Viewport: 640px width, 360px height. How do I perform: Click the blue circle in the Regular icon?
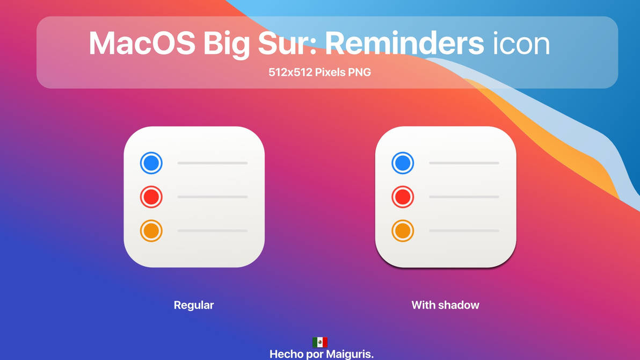click(x=151, y=163)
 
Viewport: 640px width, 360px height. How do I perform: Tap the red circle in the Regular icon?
click(x=151, y=197)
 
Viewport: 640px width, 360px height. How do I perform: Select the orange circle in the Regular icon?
click(x=151, y=231)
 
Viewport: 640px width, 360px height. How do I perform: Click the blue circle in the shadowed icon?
click(x=403, y=163)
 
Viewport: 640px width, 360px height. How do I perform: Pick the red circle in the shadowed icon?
click(x=403, y=197)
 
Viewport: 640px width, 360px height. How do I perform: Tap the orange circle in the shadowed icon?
click(x=403, y=231)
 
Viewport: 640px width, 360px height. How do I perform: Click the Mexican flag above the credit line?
click(x=320, y=342)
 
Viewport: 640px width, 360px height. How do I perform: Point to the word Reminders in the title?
click(x=404, y=43)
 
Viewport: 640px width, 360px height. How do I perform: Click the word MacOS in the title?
click(x=142, y=43)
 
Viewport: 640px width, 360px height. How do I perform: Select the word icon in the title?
click(x=521, y=43)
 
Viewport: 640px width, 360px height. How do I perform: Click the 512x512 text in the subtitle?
click(x=290, y=72)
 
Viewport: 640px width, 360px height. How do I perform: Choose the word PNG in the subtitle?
click(x=359, y=72)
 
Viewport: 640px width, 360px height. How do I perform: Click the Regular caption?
click(x=194, y=305)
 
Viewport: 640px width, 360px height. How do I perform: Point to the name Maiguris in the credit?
click(x=350, y=354)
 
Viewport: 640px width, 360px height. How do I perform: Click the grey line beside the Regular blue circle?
click(x=213, y=163)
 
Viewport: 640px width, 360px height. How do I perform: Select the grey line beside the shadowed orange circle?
click(x=464, y=231)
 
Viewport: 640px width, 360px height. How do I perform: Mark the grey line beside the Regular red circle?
click(x=213, y=197)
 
